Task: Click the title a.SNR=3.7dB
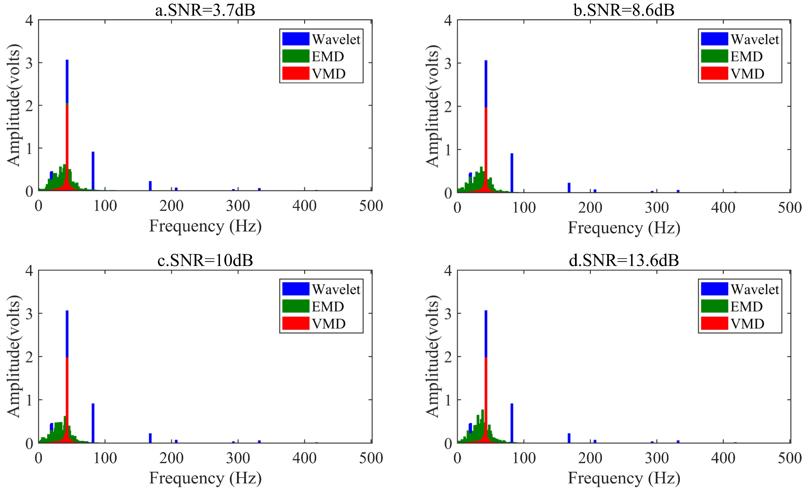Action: click(x=205, y=10)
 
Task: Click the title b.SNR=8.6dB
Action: click(x=624, y=10)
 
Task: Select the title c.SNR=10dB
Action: click(x=205, y=260)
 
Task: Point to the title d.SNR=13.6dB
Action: click(x=624, y=260)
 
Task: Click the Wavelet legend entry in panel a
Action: click(x=336, y=39)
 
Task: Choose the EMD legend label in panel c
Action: click(x=328, y=306)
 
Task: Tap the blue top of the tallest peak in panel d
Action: click(x=486, y=333)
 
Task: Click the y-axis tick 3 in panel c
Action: click(x=29, y=314)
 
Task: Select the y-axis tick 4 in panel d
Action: click(x=448, y=271)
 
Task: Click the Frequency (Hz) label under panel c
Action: click(x=205, y=478)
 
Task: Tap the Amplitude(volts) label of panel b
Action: click(x=433, y=106)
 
